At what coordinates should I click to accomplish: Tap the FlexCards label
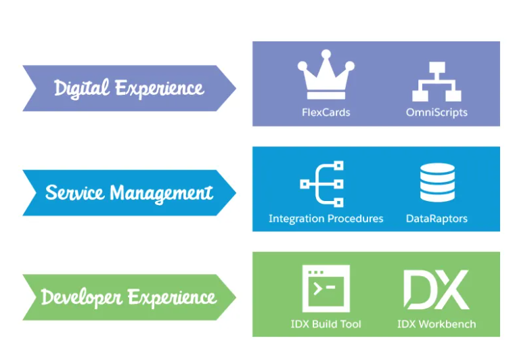[326, 112]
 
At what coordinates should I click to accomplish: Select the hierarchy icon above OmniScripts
[436, 81]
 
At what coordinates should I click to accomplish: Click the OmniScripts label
[436, 112]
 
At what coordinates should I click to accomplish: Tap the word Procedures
[355, 219]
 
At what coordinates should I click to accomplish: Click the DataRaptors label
[436, 219]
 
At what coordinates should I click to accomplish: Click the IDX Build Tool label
[326, 324]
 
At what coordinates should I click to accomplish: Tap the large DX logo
[436, 290]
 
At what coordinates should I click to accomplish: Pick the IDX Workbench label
[436, 324]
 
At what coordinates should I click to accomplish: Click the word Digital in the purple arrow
[81, 88]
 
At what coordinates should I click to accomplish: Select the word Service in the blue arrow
[74, 193]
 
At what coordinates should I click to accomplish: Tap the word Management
[161, 194]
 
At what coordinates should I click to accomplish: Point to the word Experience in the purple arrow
[159, 89]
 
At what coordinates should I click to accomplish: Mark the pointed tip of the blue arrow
[234, 193]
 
